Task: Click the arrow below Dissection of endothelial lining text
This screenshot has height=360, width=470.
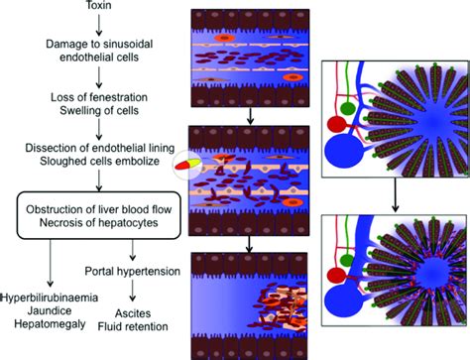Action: [96, 180]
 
